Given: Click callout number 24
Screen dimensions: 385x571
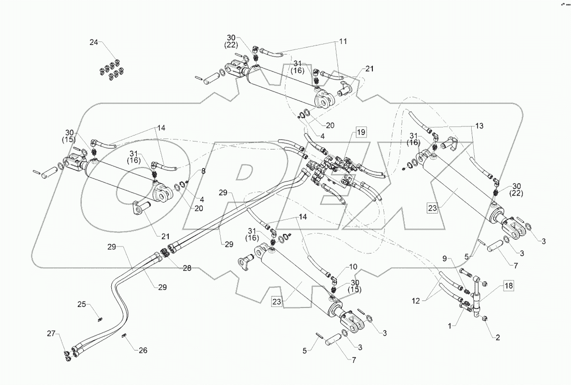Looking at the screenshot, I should [x=94, y=42].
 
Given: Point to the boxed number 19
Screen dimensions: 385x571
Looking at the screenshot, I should [x=360, y=132].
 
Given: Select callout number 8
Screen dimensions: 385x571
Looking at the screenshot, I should [x=204, y=171].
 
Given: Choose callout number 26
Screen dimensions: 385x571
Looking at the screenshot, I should [x=143, y=350].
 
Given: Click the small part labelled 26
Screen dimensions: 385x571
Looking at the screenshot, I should [x=124, y=336].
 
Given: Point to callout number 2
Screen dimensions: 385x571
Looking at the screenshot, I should [x=497, y=337].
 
